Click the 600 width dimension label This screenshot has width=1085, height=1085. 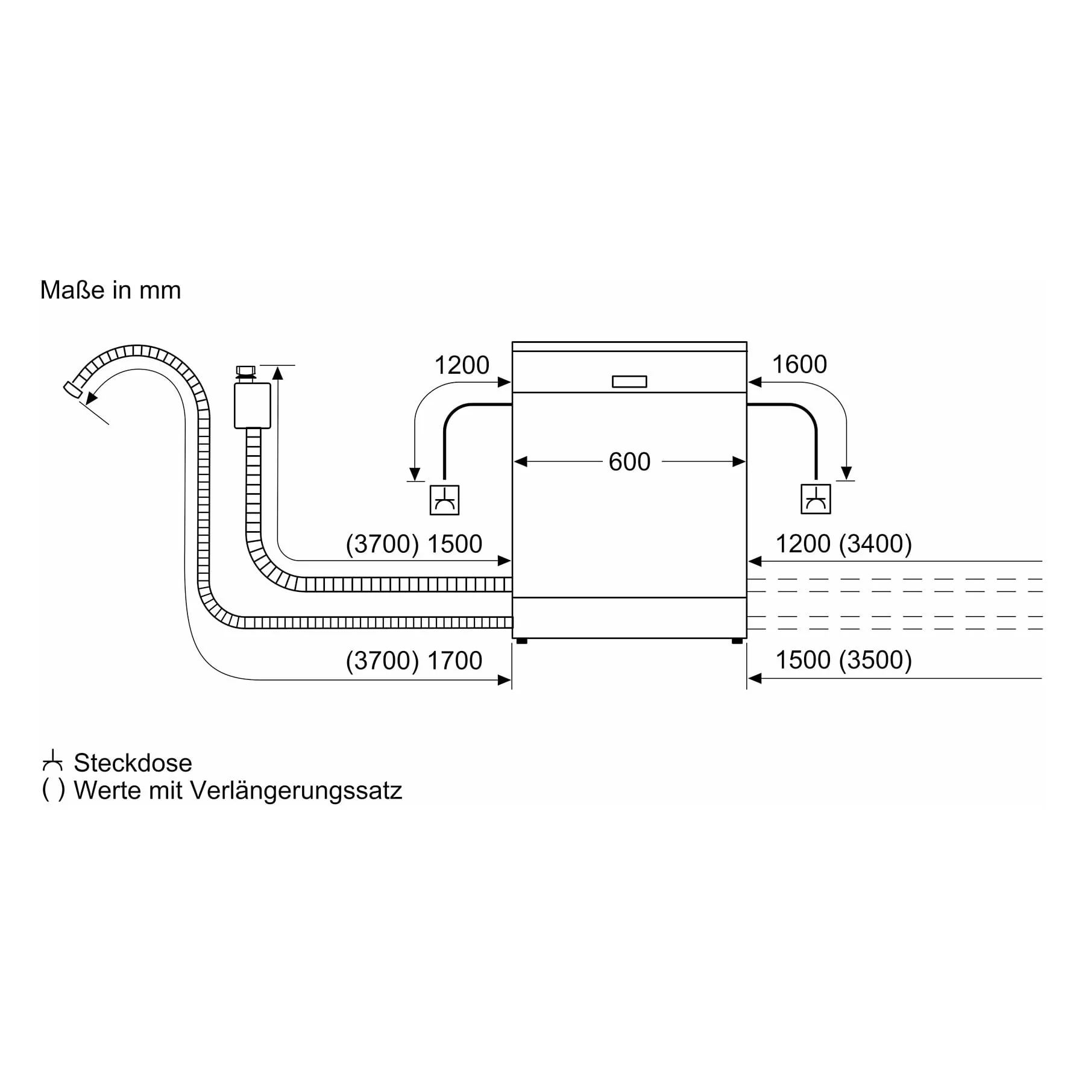[x=629, y=462]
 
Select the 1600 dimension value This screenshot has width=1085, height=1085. [x=799, y=365]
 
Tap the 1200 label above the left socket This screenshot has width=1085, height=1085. [x=462, y=365]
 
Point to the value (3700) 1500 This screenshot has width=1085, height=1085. [x=414, y=544]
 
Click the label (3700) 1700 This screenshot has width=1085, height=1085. [x=414, y=661]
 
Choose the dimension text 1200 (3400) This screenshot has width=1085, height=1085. [x=844, y=544]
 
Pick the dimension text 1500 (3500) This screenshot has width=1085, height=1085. [x=844, y=660]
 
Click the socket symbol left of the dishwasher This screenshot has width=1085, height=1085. [x=444, y=500]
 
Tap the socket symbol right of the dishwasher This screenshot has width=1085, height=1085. [x=816, y=499]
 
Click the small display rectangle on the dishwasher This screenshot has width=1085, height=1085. [x=629, y=382]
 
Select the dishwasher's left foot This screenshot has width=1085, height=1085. [x=522, y=641]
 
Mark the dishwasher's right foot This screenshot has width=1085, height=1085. [x=737, y=641]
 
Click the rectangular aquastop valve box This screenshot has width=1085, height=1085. [x=253, y=406]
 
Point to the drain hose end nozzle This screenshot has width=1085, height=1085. [x=73, y=389]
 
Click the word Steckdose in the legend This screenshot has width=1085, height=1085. [x=133, y=763]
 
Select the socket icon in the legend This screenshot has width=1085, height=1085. [x=52, y=761]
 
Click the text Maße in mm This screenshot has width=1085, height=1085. [x=110, y=290]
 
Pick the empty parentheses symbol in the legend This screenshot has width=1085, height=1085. [x=53, y=790]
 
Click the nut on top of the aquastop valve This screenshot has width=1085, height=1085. [x=246, y=370]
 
